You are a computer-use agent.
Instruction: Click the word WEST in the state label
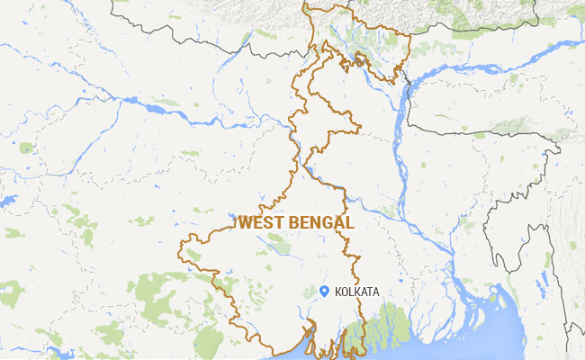257,221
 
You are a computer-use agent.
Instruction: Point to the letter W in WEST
244,221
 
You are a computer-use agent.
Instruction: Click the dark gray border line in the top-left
180,36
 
